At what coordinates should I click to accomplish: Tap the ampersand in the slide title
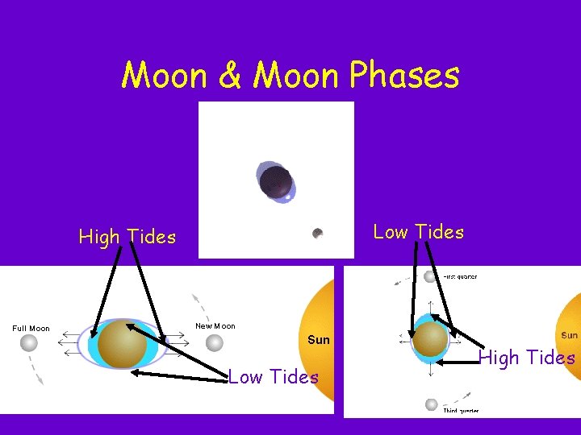(230, 76)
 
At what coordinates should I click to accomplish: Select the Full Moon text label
(31, 329)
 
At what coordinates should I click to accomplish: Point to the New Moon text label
(215, 325)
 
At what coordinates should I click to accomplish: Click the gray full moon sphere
(29, 344)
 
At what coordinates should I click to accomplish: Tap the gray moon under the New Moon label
(214, 343)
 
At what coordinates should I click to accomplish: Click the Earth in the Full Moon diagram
(122, 343)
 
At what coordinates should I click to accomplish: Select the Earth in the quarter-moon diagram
(430, 339)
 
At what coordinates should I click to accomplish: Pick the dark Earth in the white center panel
(276, 181)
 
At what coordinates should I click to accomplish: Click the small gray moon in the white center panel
(318, 234)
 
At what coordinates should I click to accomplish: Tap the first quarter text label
(460, 277)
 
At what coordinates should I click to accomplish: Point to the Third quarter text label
(460, 411)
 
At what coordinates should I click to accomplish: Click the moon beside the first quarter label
(430, 277)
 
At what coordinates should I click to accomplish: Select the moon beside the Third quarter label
(432, 404)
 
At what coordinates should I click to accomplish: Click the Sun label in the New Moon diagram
(319, 340)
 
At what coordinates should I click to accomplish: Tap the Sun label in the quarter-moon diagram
(569, 335)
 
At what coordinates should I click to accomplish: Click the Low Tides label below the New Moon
(274, 377)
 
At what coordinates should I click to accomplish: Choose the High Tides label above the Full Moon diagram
(127, 237)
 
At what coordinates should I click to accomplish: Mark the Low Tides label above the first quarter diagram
(419, 232)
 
